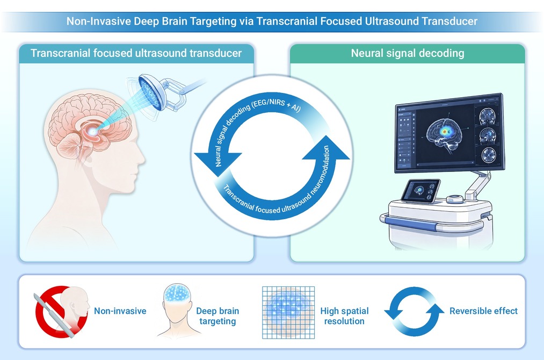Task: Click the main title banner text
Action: pos(272,21)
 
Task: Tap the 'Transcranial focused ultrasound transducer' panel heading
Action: pos(136,53)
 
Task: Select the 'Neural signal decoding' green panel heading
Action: pos(407,53)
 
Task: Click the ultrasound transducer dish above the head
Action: pos(150,92)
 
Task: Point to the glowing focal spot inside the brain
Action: pos(92,131)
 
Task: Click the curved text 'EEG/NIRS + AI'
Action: pos(277,104)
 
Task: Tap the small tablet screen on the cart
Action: pos(421,191)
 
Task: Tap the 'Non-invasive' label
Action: pos(120,311)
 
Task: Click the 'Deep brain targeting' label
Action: pos(217,316)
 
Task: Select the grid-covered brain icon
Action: pos(288,312)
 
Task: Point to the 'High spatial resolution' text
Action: pos(344,316)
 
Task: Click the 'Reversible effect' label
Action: pos(483,311)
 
